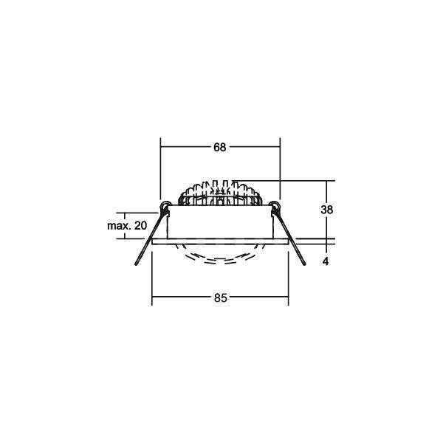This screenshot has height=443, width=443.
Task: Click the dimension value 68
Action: coord(220,147)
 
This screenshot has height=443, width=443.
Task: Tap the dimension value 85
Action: coord(220,298)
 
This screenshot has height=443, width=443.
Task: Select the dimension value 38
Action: coord(326,210)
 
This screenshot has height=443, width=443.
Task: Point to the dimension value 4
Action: coord(326,261)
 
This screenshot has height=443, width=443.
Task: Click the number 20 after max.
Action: coord(140,225)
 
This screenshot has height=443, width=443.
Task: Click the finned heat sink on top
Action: coord(220,193)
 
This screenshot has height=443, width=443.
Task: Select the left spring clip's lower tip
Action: coord(136,264)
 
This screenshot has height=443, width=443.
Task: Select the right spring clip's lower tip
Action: coord(304,264)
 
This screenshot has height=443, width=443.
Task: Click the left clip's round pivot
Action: coord(165,206)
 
